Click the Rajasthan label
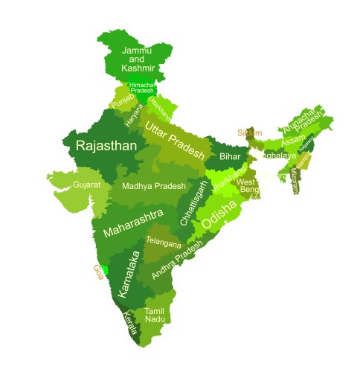pos(106,146)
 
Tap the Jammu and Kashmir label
pos(137,59)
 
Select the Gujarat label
pos(86,184)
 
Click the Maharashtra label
pos(133,222)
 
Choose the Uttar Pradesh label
pos(174,139)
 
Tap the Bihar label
pos(230,157)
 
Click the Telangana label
pos(163,242)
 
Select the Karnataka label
pos(129,273)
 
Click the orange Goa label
pos(97,273)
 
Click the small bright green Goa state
pos(105,269)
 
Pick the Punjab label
pos(123,100)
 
